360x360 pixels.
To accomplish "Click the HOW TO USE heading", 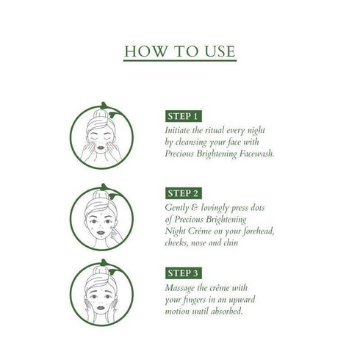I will tap(179, 51).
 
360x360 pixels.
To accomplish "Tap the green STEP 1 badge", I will tap(183, 116).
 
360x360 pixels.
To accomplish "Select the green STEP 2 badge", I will tap(183, 193).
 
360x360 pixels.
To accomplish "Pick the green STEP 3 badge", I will tap(183, 270).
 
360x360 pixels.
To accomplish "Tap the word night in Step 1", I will tap(259, 130).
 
